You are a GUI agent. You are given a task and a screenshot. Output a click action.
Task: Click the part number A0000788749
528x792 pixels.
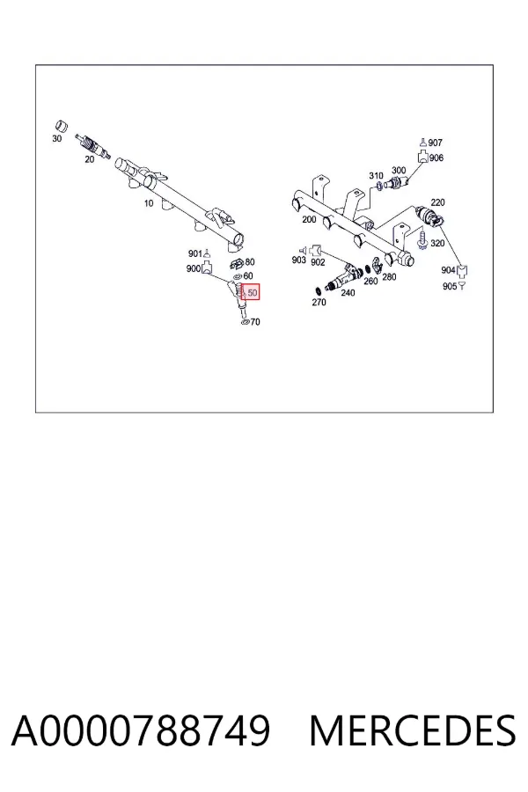(141, 730)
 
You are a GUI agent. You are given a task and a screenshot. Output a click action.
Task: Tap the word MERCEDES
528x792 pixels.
(413, 730)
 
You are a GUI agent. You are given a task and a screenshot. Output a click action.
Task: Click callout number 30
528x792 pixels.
(57, 138)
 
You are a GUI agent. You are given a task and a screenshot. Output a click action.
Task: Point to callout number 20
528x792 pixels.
(90, 159)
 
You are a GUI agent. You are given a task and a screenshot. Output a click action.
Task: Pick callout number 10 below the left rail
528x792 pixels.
(149, 203)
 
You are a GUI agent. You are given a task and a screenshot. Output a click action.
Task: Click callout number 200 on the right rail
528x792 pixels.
(309, 219)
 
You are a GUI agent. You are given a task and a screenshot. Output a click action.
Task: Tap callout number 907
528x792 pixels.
(436, 143)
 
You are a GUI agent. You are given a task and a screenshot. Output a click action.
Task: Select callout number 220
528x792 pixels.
(437, 202)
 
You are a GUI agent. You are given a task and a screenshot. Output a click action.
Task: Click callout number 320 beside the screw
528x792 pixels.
(437, 244)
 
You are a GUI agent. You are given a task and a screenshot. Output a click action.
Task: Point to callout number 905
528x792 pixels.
(449, 286)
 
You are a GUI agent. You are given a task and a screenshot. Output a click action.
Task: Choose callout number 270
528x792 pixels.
(319, 303)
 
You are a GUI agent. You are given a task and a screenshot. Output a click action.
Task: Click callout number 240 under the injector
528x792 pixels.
(348, 293)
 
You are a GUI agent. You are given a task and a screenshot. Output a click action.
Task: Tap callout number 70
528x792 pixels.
(255, 322)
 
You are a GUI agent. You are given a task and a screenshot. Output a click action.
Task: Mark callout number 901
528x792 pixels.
(195, 253)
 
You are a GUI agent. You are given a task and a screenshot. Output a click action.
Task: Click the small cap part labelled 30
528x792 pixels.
(61, 126)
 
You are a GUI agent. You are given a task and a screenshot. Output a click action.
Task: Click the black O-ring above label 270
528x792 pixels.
(318, 291)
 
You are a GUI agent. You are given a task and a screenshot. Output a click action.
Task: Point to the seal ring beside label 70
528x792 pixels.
(245, 322)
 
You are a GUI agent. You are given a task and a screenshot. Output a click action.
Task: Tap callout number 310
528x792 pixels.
(376, 176)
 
